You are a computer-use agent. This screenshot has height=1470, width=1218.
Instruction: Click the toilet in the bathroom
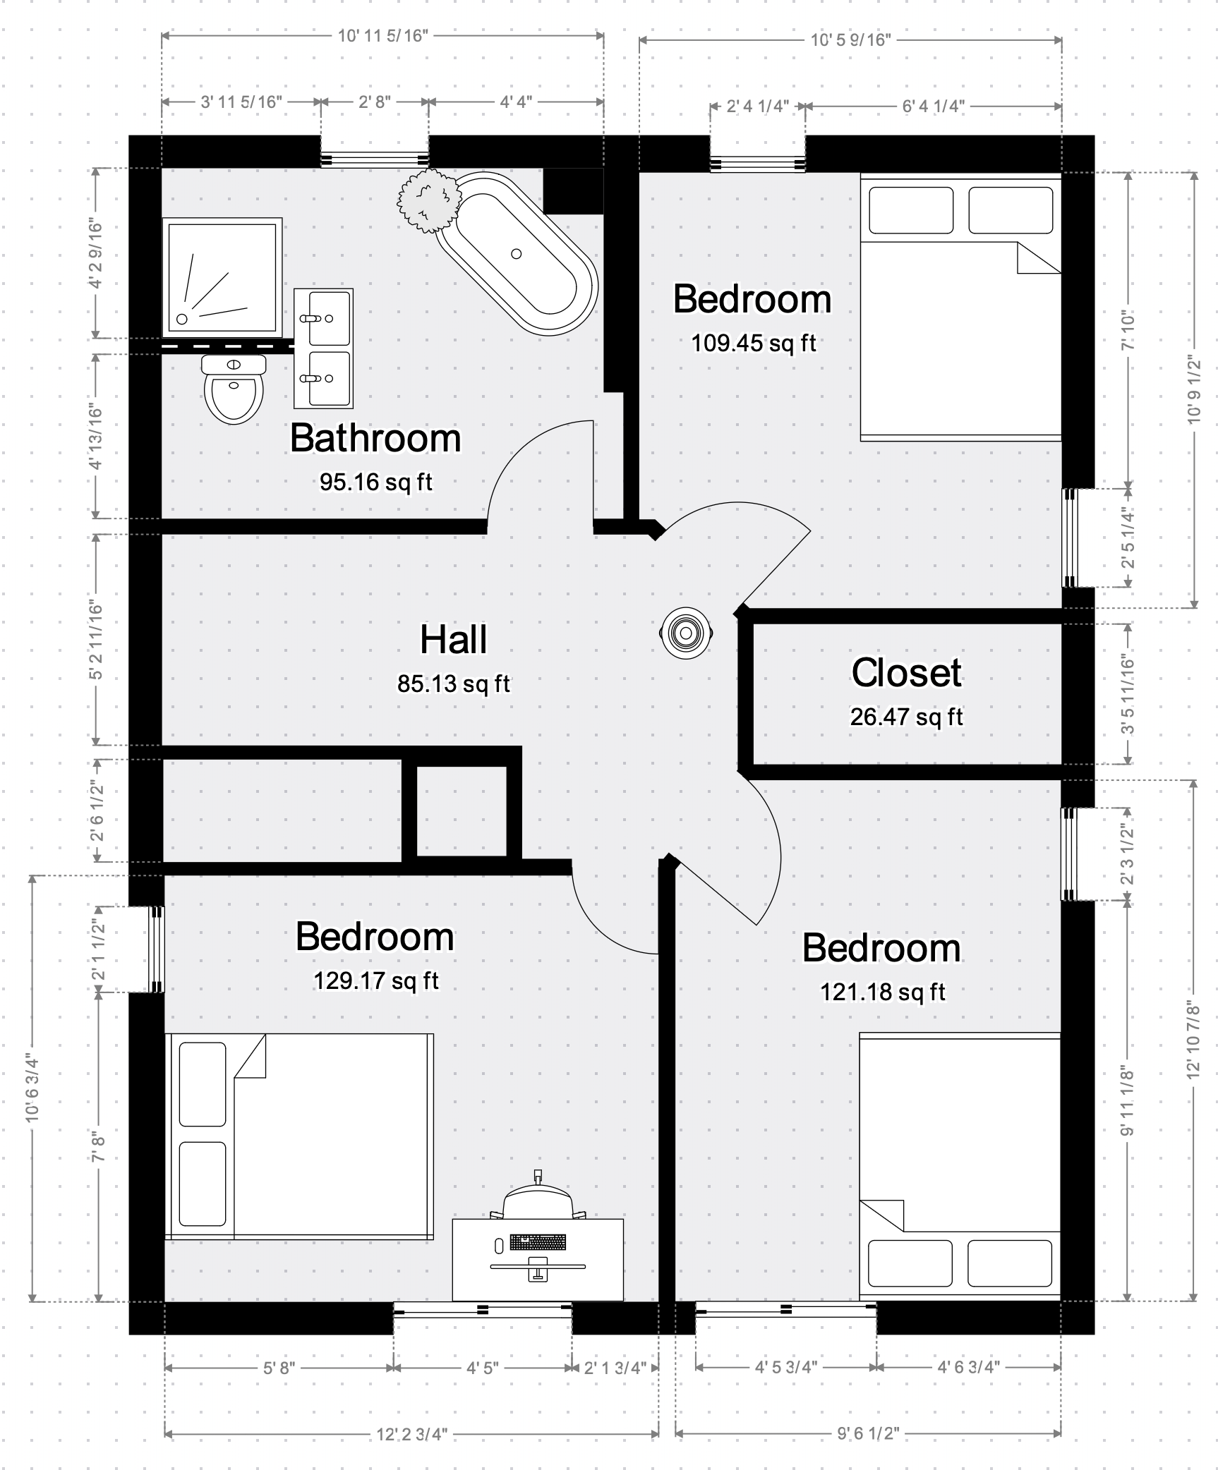[234, 389]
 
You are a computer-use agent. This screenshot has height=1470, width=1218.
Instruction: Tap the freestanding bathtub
[517, 253]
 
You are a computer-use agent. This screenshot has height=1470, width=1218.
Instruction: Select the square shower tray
[222, 277]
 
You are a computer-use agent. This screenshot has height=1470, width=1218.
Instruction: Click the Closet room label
[906, 672]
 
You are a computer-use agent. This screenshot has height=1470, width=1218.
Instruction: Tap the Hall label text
[454, 639]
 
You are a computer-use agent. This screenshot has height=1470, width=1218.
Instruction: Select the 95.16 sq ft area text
[376, 482]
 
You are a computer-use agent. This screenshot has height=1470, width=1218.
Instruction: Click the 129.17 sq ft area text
[376, 980]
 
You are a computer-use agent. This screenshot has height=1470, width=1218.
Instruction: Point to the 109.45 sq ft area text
[753, 343]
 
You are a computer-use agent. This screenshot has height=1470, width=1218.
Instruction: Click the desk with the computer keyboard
[538, 1259]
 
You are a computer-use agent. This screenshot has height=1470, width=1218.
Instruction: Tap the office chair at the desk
[538, 1196]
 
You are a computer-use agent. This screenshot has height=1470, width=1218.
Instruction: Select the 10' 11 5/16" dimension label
[383, 35]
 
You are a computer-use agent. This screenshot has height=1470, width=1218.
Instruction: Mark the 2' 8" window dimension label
[375, 102]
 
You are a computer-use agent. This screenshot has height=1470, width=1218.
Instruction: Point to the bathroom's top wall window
[375, 159]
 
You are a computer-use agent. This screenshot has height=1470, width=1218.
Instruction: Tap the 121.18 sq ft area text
[882, 992]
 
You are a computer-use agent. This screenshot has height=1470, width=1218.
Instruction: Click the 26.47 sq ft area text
[906, 717]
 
